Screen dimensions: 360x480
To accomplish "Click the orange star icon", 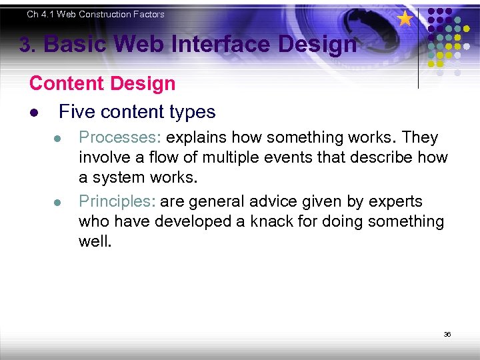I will (x=405, y=18).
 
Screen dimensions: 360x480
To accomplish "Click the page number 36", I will (x=447, y=334).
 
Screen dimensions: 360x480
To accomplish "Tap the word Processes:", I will (x=120, y=138).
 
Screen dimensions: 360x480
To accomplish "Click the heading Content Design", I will (x=102, y=84).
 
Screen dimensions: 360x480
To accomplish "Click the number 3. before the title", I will (x=27, y=45).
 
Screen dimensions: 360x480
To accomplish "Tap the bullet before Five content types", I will (x=33, y=113).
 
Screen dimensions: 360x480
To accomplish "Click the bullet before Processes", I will (x=58, y=139).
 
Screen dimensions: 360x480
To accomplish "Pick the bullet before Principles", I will (x=58, y=203).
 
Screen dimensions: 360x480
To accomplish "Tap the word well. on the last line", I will (x=95, y=241).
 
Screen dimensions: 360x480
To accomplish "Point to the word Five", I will (x=77, y=112).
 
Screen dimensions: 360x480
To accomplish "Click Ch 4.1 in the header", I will (x=41, y=14).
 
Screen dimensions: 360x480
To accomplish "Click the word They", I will (x=421, y=138).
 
